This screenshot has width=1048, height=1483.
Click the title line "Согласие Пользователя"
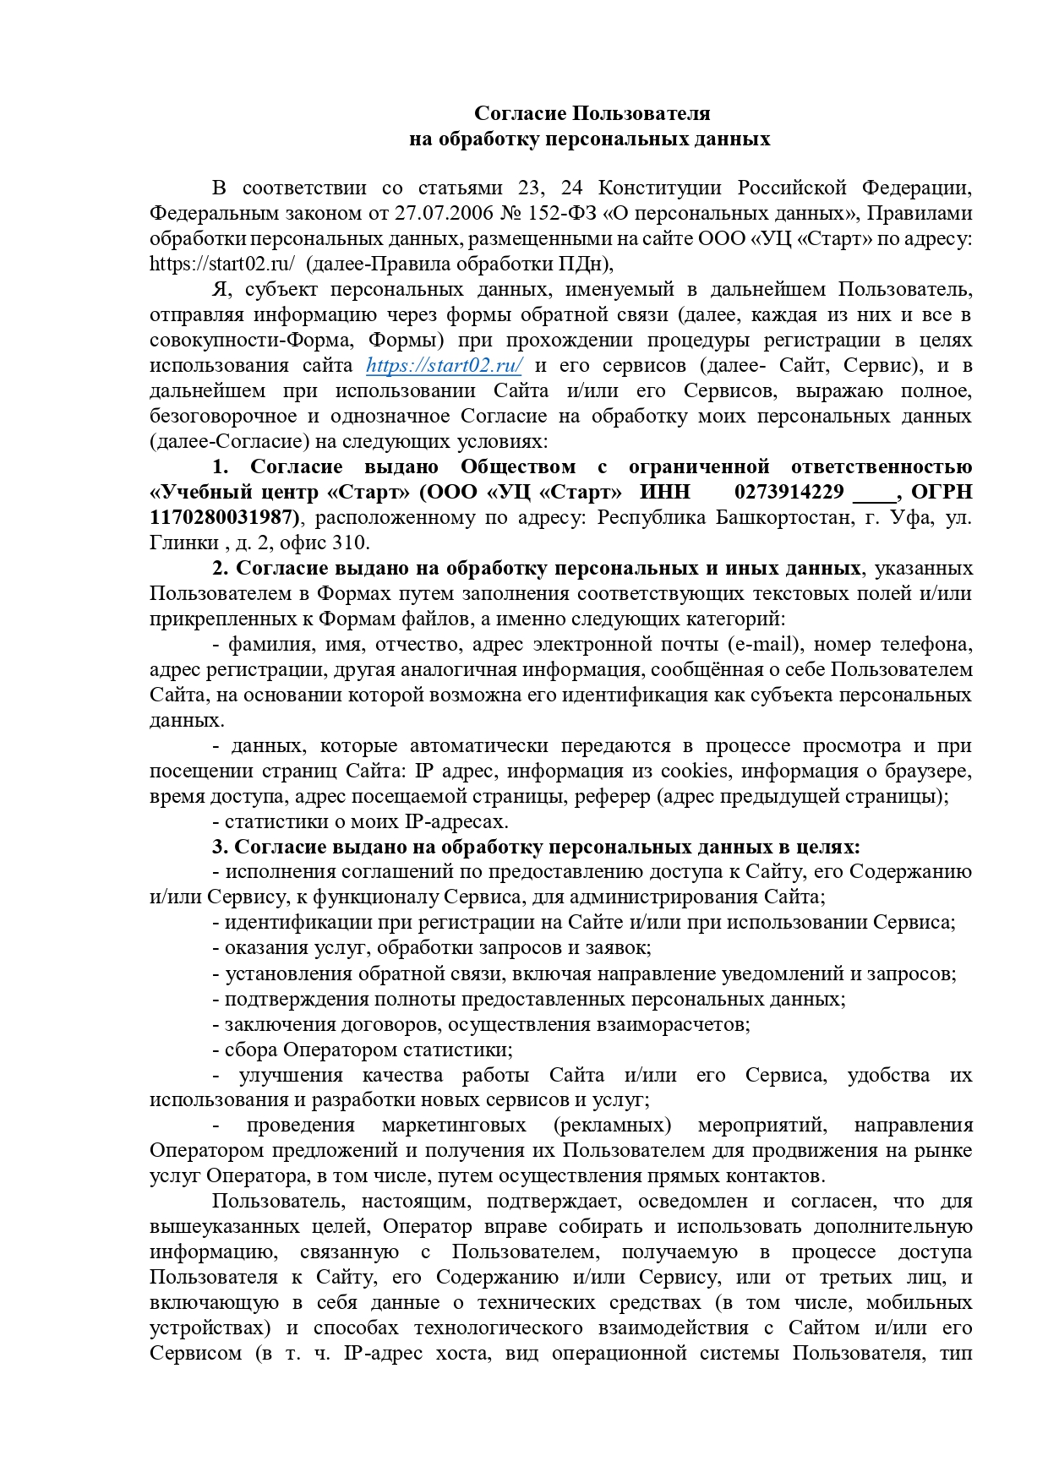point(592,113)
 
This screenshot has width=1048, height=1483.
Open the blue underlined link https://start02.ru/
point(445,366)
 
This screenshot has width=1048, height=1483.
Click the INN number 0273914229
point(789,492)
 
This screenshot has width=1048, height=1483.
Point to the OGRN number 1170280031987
point(224,517)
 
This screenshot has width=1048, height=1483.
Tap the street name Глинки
point(177,542)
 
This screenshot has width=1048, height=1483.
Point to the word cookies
point(694,771)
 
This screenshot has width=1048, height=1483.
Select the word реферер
point(614,796)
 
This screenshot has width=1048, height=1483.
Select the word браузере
point(928,771)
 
